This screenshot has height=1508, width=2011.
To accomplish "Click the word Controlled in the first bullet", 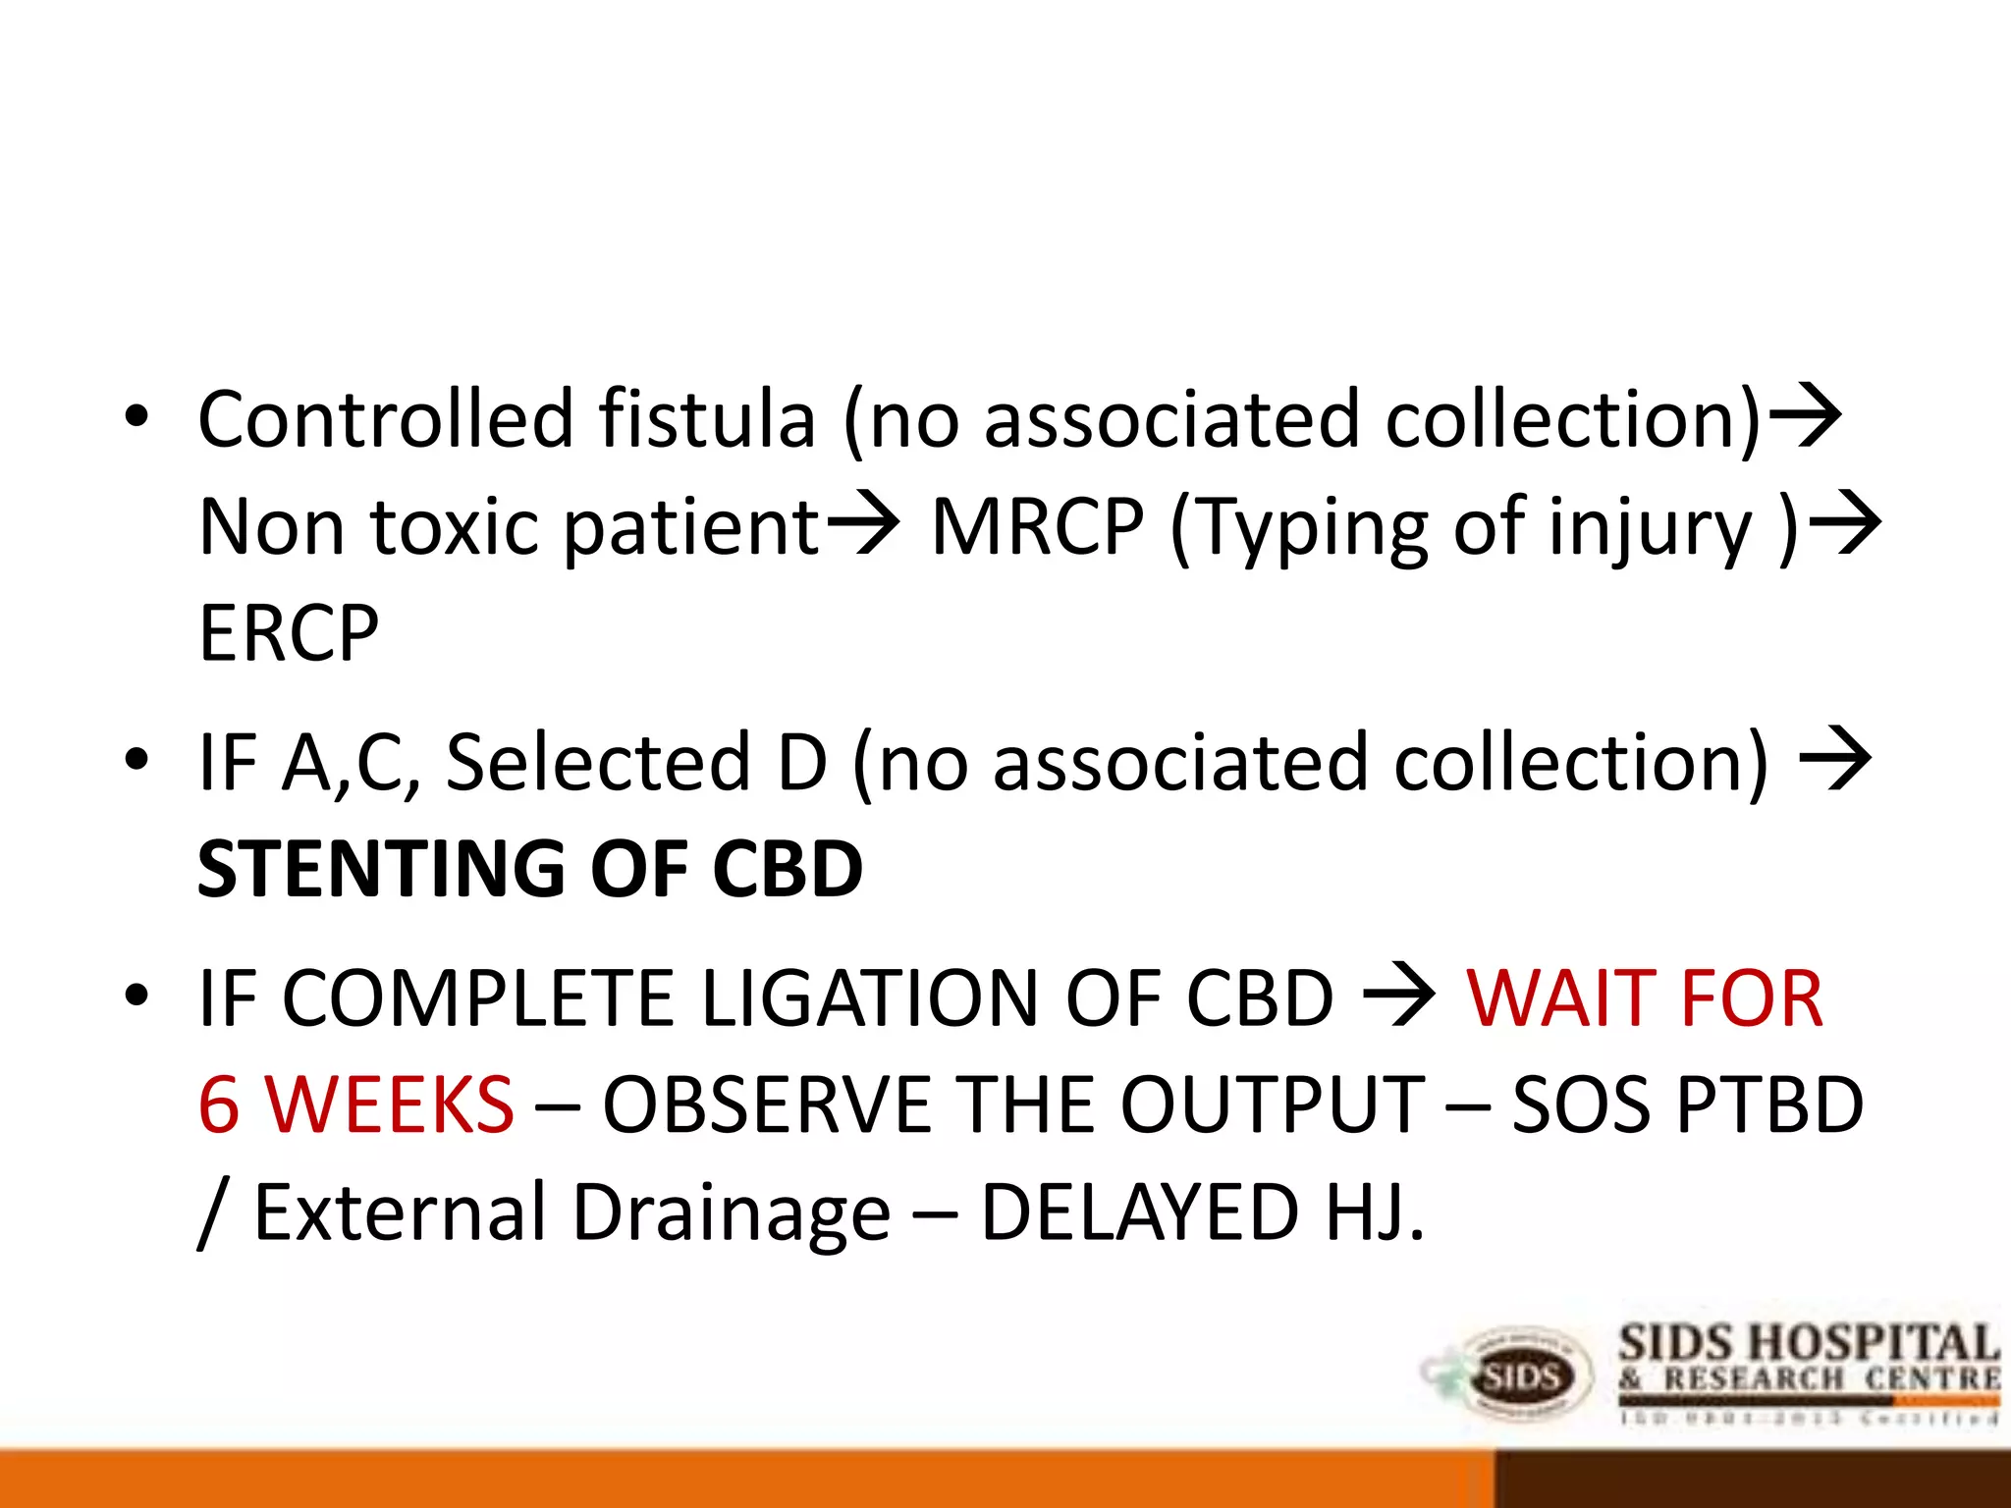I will (x=385, y=419).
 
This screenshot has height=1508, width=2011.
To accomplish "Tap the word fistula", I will (x=707, y=419).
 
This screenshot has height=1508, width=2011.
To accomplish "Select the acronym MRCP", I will (x=1038, y=527).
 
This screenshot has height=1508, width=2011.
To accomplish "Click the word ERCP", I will (x=289, y=634).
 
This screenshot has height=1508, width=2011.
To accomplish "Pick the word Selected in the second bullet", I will (x=599, y=763).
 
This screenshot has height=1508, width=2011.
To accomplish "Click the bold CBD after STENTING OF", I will (x=788, y=870).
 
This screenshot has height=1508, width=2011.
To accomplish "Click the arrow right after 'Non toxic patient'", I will (x=862, y=524).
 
